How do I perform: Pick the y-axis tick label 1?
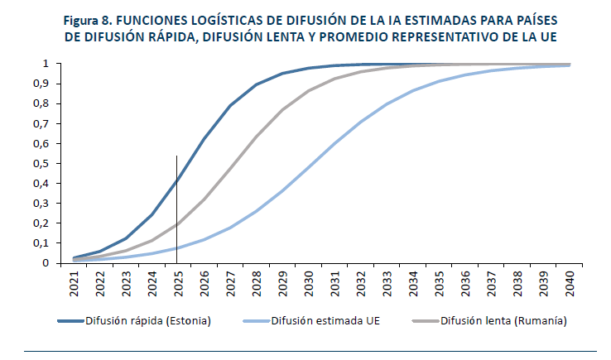[46, 64]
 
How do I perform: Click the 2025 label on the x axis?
[179, 284]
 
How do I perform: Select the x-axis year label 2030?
[309, 284]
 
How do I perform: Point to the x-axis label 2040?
[570, 284]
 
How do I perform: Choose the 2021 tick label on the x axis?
[74, 284]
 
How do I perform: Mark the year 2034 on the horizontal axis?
[413, 284]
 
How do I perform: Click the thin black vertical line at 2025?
[176, 209]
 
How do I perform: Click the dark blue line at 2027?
[230, 105]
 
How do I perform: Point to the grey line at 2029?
[282, 109]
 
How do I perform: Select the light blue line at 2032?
[361, 122]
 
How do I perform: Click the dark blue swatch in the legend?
[70, 321]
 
